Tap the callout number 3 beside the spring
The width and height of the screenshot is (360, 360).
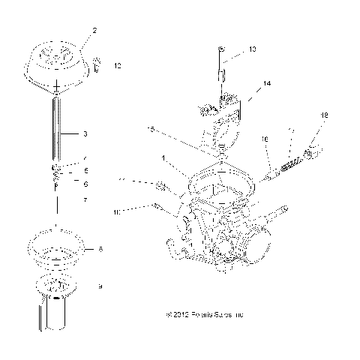click(85, 134)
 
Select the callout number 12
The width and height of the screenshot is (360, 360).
click(116, 66)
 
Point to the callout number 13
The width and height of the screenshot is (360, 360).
click(251, 49)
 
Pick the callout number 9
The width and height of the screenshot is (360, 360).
click(99, 286)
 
